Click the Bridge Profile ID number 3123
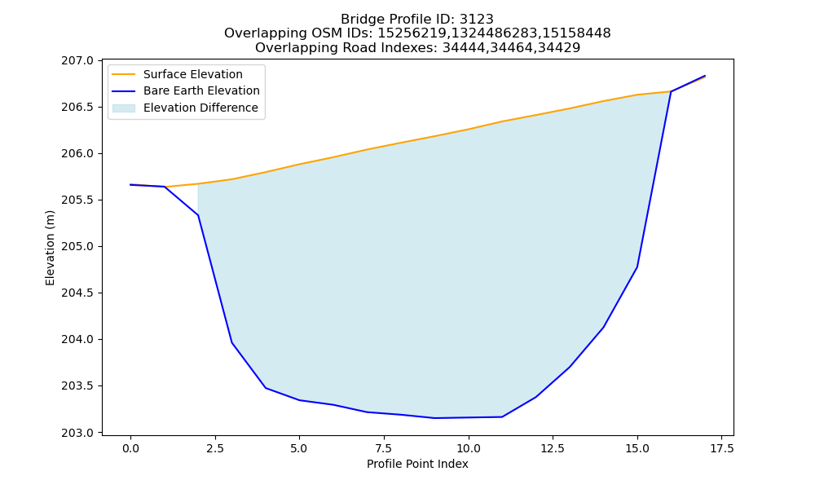pos(477,20)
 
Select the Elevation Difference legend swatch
pos(124,108)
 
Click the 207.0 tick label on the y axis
pos(77,61)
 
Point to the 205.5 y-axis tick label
pos(77,200)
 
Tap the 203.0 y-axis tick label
pos(77,433)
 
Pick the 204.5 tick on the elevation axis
pos(77,293)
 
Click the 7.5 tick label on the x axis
pos(384,448)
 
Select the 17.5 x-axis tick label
pos(721,448)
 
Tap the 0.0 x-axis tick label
pos(130,448)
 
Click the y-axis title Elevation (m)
pos(50,248)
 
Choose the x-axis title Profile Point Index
pos(417,464)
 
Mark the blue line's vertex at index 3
pos(231,342)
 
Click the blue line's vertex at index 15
pos(637,267)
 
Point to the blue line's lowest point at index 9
pos(434,418)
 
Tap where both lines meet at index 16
pos(671,91)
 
